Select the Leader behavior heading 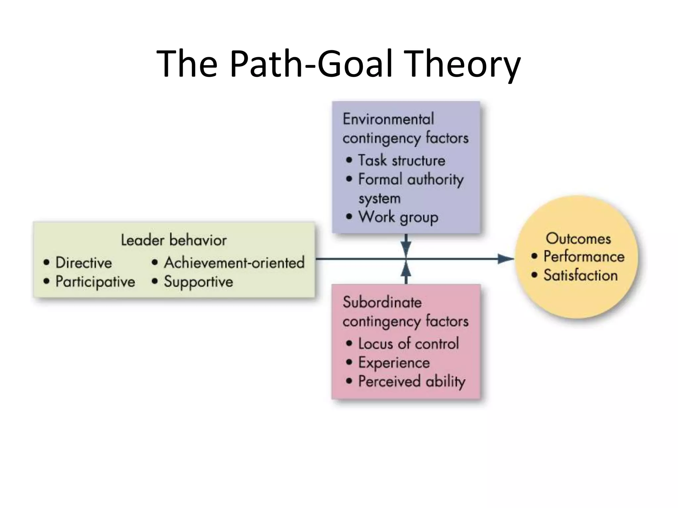coord(173,240)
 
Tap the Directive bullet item coord(83,263)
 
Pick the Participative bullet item coord(95,282)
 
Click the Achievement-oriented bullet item coord(234,263)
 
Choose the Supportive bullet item coord(198,282)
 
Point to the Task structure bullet coord(401,161)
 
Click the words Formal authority coord(411,180)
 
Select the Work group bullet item coord(398,217)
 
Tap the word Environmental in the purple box coord(388,119)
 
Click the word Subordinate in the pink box coord(382,303)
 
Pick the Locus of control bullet coord(408,344)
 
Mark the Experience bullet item coord(394,363)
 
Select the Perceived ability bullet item coord(412,382)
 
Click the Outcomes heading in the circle coord(578,238)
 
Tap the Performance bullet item coord(584,257)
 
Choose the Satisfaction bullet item coord(580,275)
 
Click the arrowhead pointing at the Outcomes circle coord(506,259)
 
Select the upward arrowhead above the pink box coord(406,271)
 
